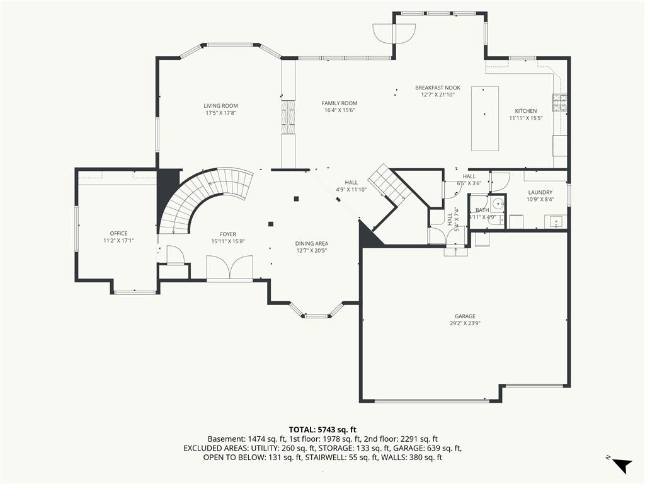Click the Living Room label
click(221, 106)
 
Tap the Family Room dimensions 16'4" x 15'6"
click(340, 110)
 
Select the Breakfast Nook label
click(438, 88)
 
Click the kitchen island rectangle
click(484, 118)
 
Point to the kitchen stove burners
click(559, 103)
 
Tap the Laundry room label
click(540, 192)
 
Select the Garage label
click(465, 316)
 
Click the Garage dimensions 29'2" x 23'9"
click(465, 323)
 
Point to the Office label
click(118, 233)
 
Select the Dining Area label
click(311, 244)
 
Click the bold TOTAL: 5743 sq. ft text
click(322, 430)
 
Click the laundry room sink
click(556, 222)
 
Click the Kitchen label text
click(526, 111)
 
